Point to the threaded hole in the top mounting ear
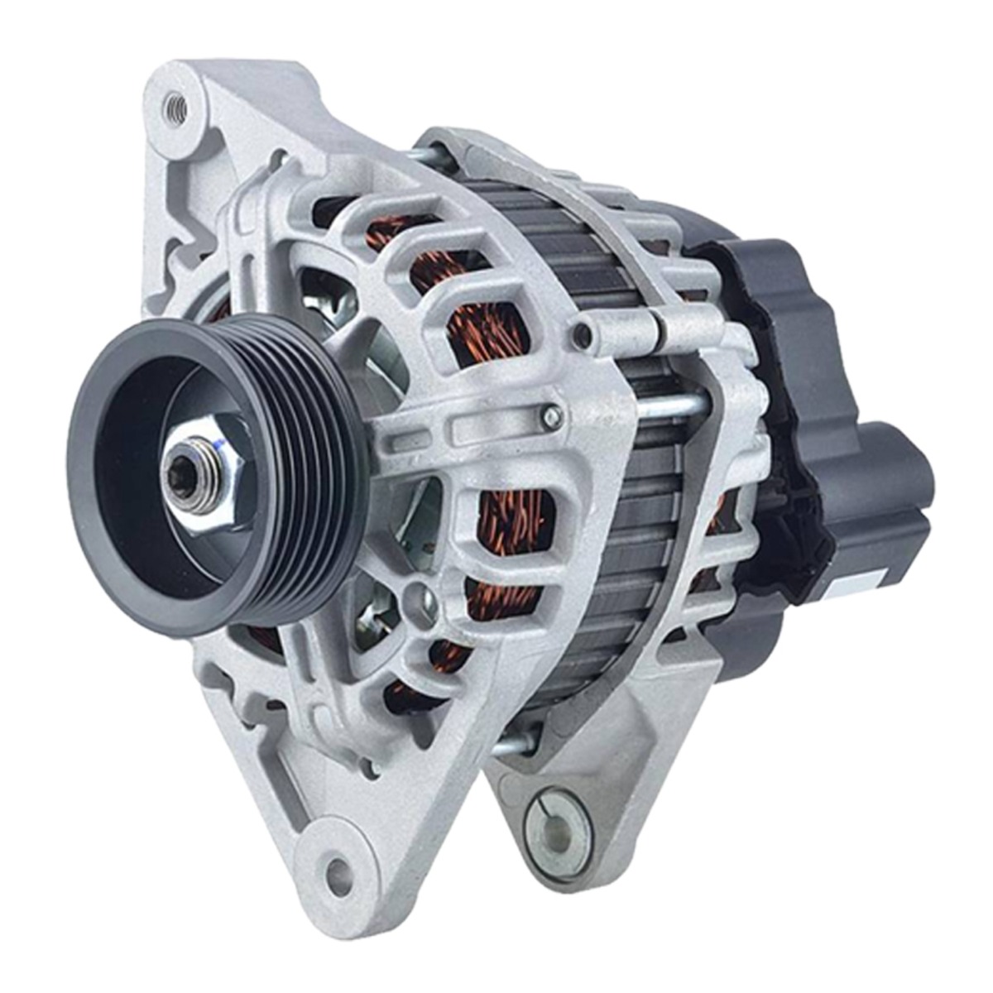coord(175,105)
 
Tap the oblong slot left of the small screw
coord(481,429)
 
